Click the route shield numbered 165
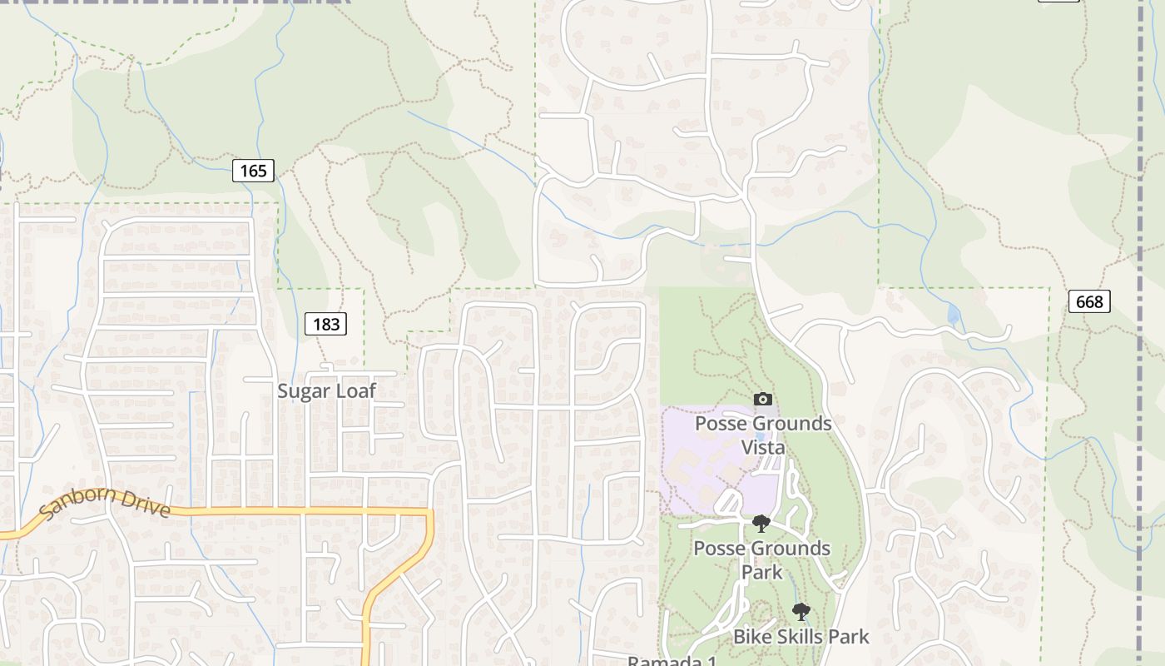point(253,171)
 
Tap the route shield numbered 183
point(325,324)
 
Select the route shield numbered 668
point(1089,301)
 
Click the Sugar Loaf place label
point(326,390)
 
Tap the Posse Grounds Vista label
point(763,435)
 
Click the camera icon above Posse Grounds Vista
point(762,400)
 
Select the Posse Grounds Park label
point(762,559)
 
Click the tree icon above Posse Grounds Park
point(761,524)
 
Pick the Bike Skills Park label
point(801,637)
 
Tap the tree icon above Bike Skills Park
point(801,613)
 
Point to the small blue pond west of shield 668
point(953,314)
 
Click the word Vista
point(763,447)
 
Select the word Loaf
point(356,390)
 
